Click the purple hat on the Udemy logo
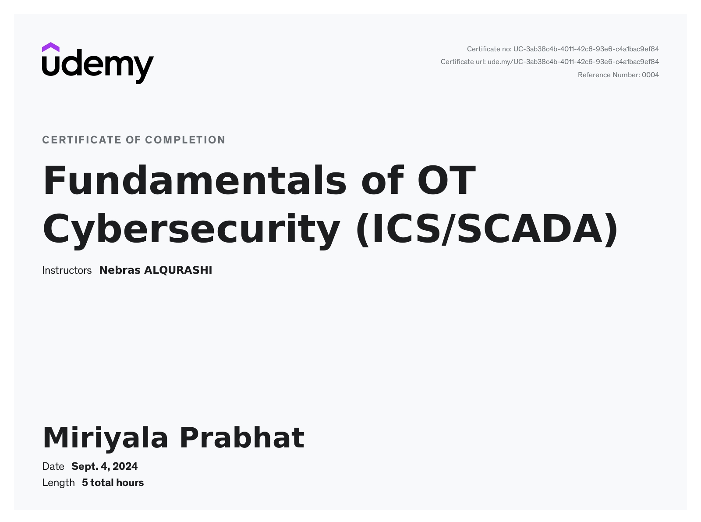pos(50,47)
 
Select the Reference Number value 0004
pos(651,75)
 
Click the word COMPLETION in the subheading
pos(185,140)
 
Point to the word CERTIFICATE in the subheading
pos(82,140)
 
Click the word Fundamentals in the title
pos(195,180)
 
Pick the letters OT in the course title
pos(447,180)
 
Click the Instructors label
pos(67,270)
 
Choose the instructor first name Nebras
pos(120,270)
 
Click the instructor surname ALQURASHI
pos(178,270)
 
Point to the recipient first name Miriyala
pos(106,439)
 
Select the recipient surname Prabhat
pos(242,438)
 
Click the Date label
pos(53,467)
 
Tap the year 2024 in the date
pos(125,467)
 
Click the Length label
pos(58,483)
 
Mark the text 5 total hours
pos(113,483)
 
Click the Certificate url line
pos(550,62)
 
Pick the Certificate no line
pos(563,49)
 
